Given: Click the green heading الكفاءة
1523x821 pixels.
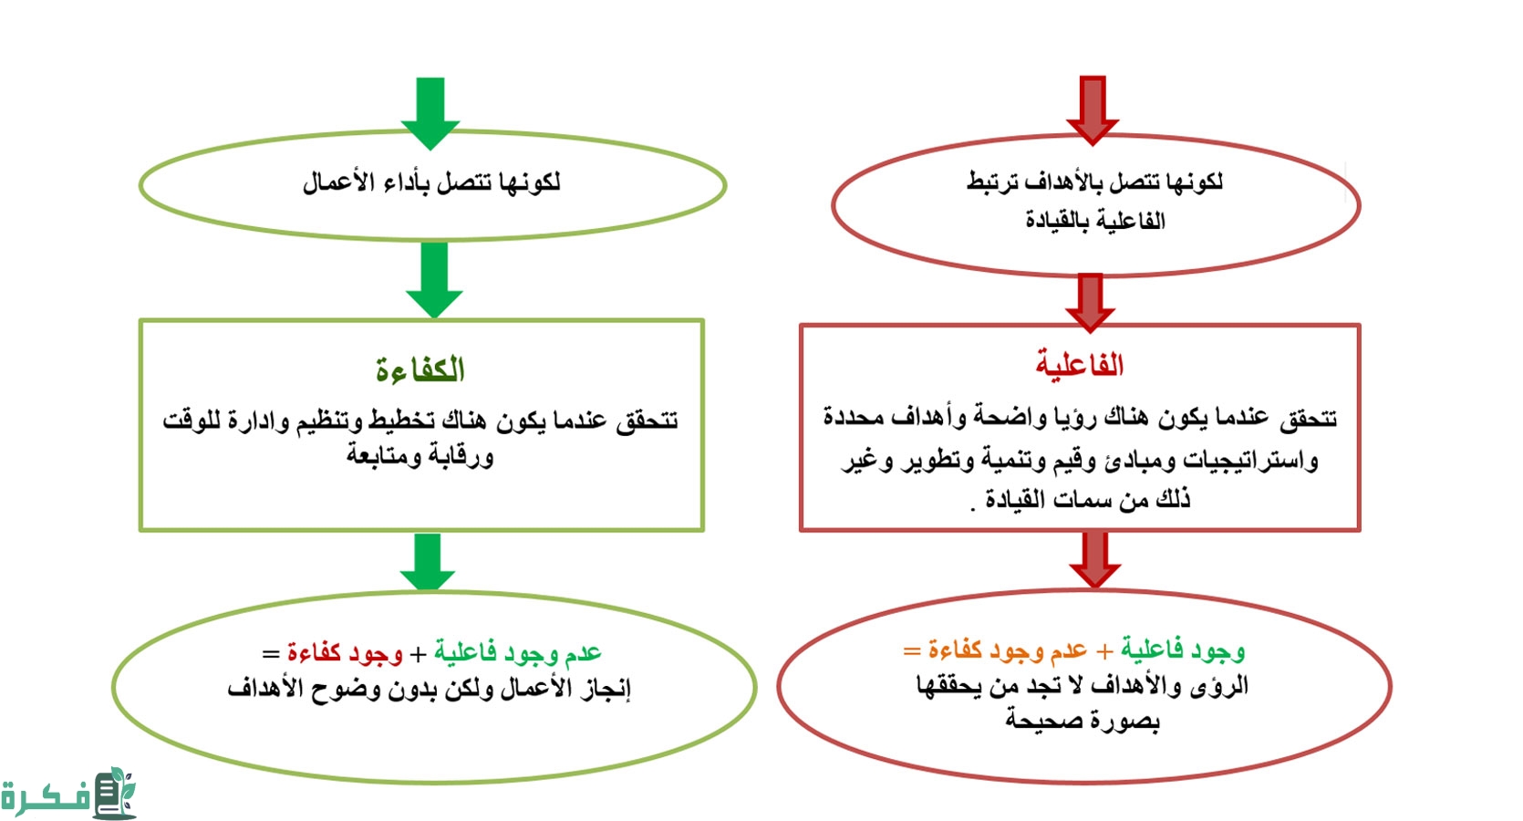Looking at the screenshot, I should click(x=420, y=369).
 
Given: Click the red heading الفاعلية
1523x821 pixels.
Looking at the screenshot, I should click(x=1079, y=365).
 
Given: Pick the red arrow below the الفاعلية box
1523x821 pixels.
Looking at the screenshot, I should click(x=1094, y=559).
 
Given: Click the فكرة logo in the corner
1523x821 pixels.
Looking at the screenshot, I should click(x=68, y=795).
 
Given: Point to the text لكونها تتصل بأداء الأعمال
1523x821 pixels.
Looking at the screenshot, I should click(x=431, y=182).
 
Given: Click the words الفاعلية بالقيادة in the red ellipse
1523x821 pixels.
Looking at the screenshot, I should click(x=1094, y=221).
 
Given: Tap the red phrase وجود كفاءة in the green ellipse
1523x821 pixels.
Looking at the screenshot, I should click(x=345, y=653).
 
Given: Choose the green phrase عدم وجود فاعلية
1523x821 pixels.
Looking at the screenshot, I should click(x=517, y=653).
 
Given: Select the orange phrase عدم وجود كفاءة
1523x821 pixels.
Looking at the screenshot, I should click(x=1008, y=650).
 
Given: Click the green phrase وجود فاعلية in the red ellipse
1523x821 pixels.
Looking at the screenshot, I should click(x=1183, y=650).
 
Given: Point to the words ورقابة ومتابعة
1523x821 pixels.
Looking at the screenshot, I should click(x=420, y=455).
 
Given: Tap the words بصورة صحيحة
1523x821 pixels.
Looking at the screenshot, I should click(x=1083, y=721).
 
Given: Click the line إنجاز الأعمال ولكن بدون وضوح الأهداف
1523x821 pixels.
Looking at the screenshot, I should click(x=429, y=689).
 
